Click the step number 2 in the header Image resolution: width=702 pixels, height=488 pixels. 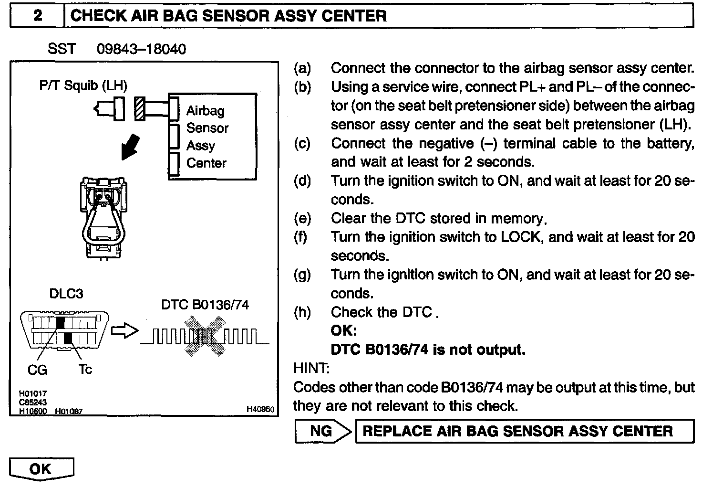click(x=37, y=16)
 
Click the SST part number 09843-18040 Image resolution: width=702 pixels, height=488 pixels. click(x=141, y=49)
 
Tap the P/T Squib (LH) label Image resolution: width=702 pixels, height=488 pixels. click(x=83, y=86)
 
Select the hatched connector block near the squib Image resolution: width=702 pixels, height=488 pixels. click(x=140, y=109)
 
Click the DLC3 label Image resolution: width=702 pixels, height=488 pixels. click(x=66, y=294)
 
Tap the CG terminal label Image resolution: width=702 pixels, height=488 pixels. click(x=37, y=370)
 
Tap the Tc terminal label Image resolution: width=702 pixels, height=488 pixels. click(x=85, y=369)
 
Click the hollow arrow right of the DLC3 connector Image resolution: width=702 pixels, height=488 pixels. click(x=124, y=331)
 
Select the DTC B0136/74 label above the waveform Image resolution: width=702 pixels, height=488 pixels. click(x=205, y=305)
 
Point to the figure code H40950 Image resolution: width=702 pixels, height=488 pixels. click(x=260, y=409)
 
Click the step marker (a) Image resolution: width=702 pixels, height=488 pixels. click(x=302, y=68)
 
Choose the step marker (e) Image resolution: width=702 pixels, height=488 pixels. click(x=302, y=218)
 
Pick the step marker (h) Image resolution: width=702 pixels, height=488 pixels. click(x=302, y=312)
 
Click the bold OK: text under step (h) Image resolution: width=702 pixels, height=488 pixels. click(x=344, y=331)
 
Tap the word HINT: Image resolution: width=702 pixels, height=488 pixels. click(x=310, y=368)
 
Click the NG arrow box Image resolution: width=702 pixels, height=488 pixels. click(x=323, y=431)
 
